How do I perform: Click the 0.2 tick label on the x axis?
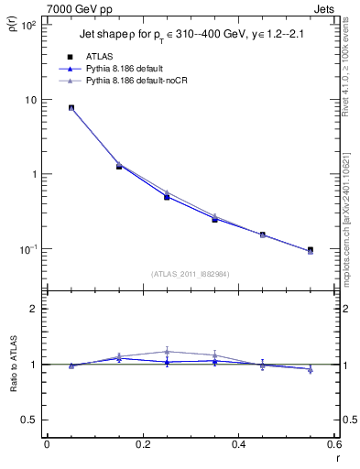click(x=142, y=445)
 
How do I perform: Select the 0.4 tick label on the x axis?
click(x=238, y=445)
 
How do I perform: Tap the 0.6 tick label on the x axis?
click(x=333, y=445)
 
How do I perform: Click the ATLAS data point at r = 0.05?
click(x=71, y=107)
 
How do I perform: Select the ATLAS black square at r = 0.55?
click(x=310, y=250)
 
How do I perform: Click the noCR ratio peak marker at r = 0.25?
click(x=167, y=351)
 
